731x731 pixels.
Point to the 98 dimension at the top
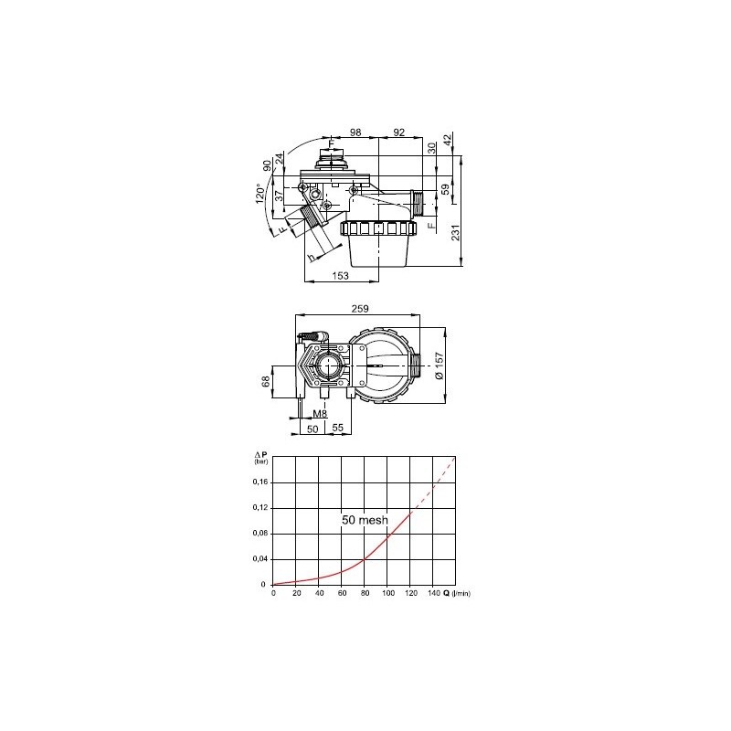click(355, 133)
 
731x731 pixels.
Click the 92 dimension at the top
click(398, 133)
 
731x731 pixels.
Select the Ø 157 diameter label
click(440, 364)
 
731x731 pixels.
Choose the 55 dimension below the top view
click(336, 428)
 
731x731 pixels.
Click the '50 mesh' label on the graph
click(365, 520)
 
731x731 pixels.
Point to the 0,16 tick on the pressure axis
click(260, 482)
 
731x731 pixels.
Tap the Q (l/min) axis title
click(457, 594)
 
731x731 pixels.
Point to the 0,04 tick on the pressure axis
click(260, 558)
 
